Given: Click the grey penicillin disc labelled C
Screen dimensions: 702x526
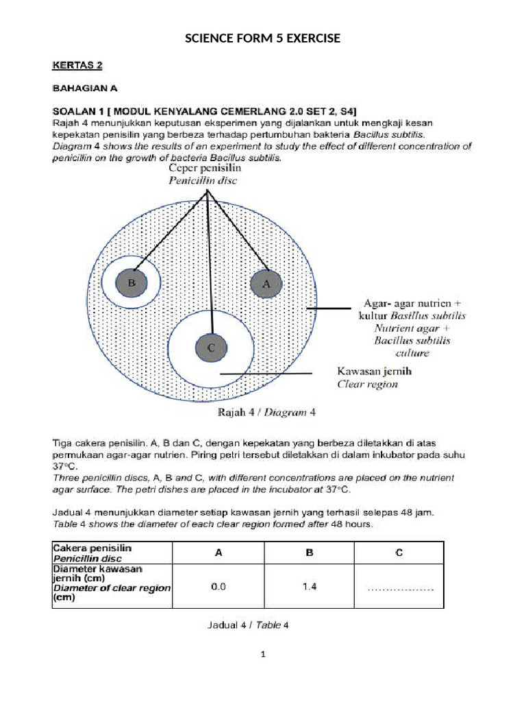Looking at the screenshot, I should pyautogui.click(x=210, y=348).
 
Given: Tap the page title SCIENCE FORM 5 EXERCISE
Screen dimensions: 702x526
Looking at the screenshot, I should pyautogui.click(x=263, y=38).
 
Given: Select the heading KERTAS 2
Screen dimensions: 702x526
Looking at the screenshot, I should pyautogui.click(x=77, y=66).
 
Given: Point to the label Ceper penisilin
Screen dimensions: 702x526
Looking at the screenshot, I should pyautogui.click(x=205, y=169).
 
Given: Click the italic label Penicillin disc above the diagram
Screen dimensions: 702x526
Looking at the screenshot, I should pyautogui.click(x=204, y=181).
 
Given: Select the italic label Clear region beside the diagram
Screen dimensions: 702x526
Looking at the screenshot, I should pyautogui.click(x=367, y=385).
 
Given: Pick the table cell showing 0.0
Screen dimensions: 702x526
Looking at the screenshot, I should pyautogui.click(x=218, y=587).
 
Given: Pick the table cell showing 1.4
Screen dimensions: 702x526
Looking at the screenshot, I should pyautogui.click(x=309, y=587).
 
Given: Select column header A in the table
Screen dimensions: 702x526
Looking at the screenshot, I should pyautogui.click(x=218, y=553).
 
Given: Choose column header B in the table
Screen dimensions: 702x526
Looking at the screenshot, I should pyautogui.click(x=309, y=553).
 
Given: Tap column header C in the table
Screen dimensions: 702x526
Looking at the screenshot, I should pyautogui.click(x=399, y=553).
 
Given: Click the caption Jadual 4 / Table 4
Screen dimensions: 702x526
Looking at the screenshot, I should pyautogui.click(x=248, y=625).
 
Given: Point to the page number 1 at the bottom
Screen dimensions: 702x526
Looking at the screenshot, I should pyautogui.click(x=262, y=655).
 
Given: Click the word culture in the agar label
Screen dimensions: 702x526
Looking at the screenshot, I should pyautogui.click(x=412, y=354).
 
